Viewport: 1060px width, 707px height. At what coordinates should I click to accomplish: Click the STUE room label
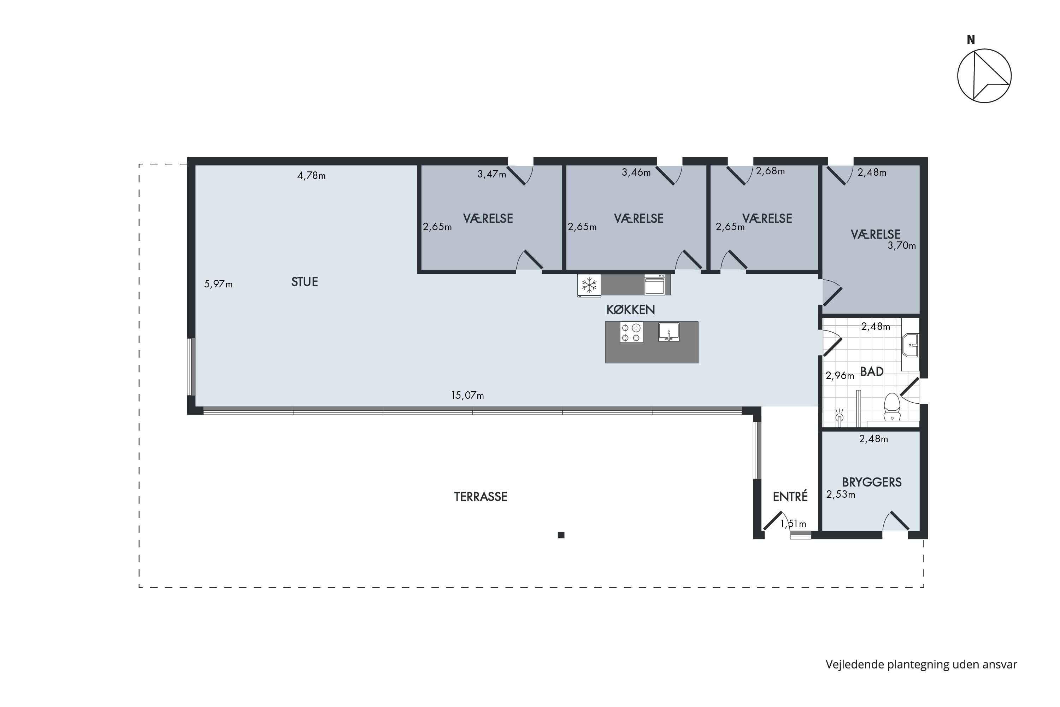tap(305, 282)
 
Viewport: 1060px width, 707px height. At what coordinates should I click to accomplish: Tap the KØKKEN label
tap(630, 310)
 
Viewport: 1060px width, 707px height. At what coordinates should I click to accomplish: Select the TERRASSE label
tap(481, 496)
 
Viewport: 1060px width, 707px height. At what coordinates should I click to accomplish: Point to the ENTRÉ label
tap(790, 496)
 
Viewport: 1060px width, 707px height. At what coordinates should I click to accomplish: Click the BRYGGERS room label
tap(872, 482)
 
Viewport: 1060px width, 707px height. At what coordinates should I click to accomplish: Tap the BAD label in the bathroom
tap(872, 372)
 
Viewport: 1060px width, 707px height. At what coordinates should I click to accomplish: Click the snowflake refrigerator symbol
tap(589, 285)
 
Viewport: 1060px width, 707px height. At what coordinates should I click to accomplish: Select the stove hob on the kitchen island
tap(631, 333)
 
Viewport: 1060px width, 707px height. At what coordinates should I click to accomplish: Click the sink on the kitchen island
tap(669, 332)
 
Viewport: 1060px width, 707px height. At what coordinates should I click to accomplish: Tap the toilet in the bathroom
tap(891, 407)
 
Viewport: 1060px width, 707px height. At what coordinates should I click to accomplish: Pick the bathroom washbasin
tap(911, 345)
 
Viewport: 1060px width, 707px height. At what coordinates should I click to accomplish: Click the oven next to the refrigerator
tap(654, 284)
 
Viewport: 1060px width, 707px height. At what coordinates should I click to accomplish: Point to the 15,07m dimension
tap(468, 396)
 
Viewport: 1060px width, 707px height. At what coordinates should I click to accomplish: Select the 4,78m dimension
tap(311, 175)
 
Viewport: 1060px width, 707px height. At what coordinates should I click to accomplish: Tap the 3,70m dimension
tap(902, 246)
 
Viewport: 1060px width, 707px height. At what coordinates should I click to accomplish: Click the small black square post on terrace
tap(561, 535)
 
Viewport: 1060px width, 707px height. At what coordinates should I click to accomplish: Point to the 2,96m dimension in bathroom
tap(840, 375)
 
